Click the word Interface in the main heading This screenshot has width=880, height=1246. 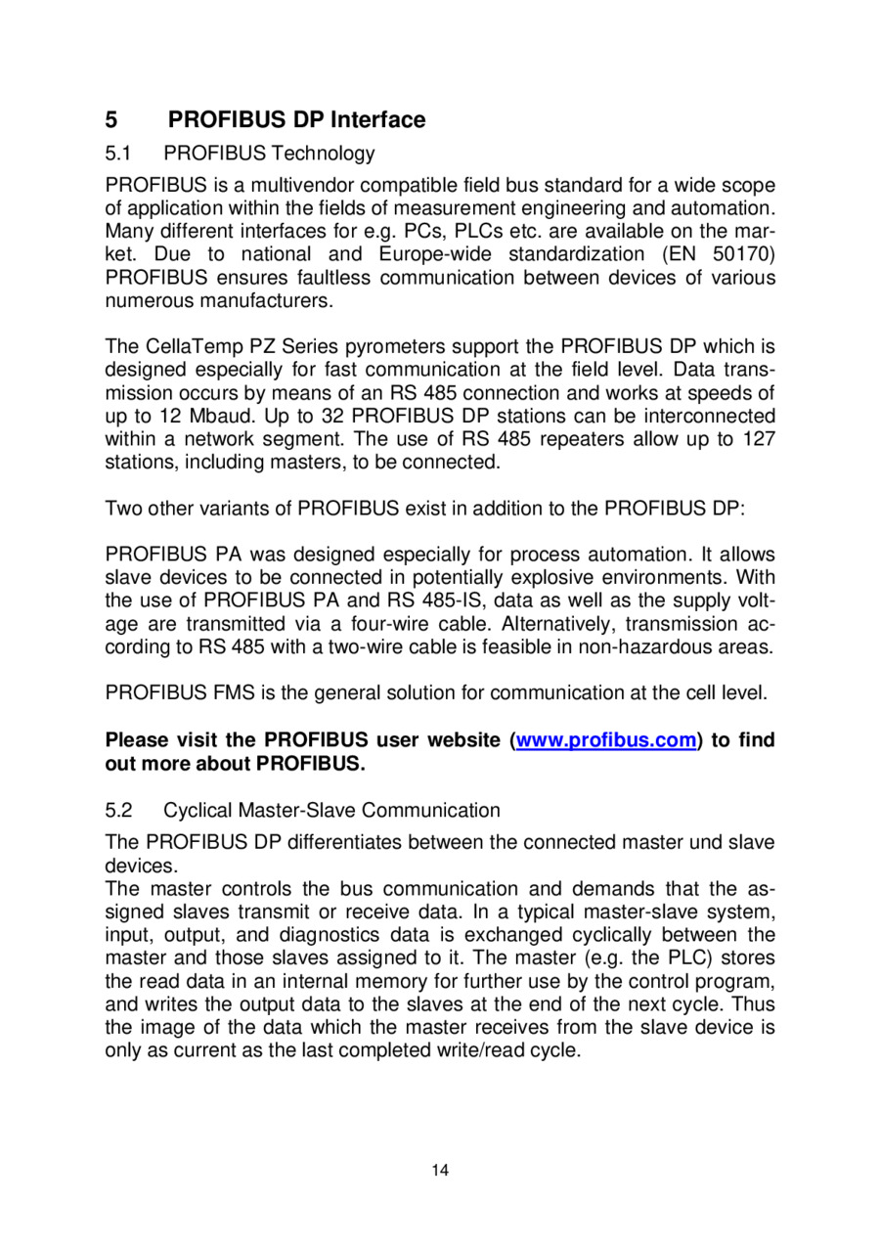[x=378, y=120]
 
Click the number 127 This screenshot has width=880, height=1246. [x=759, y=439]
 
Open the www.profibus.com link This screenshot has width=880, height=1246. [x=606, y=740]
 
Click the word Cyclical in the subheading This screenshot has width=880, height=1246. [x=198, y=810]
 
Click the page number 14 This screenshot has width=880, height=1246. [x=440, y=1171]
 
